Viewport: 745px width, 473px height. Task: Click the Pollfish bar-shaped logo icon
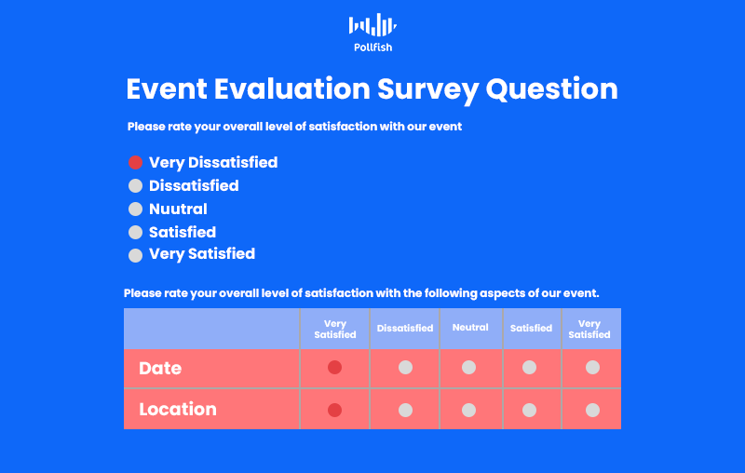pyautogui.click(x=372, y=25)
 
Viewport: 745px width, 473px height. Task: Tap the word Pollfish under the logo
pyautogui.click(x=373, y=47)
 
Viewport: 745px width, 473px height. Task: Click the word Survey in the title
pyautogui.click(x=427, y=90)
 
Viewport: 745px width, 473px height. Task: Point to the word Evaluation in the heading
pyautogui.click(x=291, y=88)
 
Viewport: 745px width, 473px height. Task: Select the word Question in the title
pyautogui.click(x=551, y=89)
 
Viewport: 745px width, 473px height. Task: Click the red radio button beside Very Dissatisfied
pyautogui.click(x=135, y=162)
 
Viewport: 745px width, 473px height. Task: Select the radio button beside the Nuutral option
pyautogui.click(x=135, y=209)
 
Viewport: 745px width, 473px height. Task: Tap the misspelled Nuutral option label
pyautogui.click(x=178, y=209)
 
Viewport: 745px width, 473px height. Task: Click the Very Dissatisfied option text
pyautogui.click(x=213, y=162)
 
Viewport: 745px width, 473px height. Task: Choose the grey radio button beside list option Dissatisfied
pyautogui.click(x=135, y=185)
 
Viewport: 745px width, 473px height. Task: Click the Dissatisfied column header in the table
pyautogui.click(x=405, y=328)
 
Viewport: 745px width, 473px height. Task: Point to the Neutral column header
pyautogui.click(x=470, y=327)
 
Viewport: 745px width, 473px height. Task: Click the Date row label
pyautogui.click(x=160, y=369)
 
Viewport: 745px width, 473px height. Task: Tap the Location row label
pyautogui.click(x=178, y=410)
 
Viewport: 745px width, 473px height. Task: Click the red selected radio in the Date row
pyautogui.click(x=334, y=367)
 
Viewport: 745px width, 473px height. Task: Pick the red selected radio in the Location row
pyautogui.click(x=334, y=410)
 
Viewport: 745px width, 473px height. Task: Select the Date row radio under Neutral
pyautogui.click(x=469, y=367)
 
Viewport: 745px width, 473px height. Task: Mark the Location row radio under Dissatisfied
pyautogui.click(x=405, y=410)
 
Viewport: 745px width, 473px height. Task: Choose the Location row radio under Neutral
pyautogui.click(x=469, y=410)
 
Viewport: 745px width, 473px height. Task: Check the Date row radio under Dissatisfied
pyautogui.click(x=405, y=367)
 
